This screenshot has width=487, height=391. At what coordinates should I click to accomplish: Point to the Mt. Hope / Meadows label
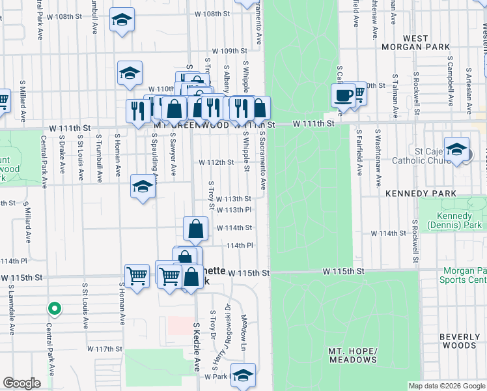point(353,355)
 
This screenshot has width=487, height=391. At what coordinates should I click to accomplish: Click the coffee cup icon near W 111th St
point(342,95)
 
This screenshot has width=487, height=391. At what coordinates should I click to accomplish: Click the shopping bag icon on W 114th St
point(196,229)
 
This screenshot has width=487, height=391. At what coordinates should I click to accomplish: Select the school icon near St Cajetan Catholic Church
point(456,149)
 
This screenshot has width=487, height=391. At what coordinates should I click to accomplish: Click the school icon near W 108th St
point(122,20)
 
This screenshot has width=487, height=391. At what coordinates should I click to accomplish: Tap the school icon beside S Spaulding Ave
point(143,187)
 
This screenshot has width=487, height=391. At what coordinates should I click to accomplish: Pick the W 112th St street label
point(216,162)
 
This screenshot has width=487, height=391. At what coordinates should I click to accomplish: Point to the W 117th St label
point(105,349)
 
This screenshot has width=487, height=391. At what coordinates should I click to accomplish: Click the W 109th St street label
point(230,51)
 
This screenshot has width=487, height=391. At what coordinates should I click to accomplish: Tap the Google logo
point(21,383)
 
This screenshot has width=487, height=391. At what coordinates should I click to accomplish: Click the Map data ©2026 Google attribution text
point(446,386)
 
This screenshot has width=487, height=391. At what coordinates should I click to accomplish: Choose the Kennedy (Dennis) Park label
point(454,221)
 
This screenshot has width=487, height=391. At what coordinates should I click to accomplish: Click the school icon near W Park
point(243,375)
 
